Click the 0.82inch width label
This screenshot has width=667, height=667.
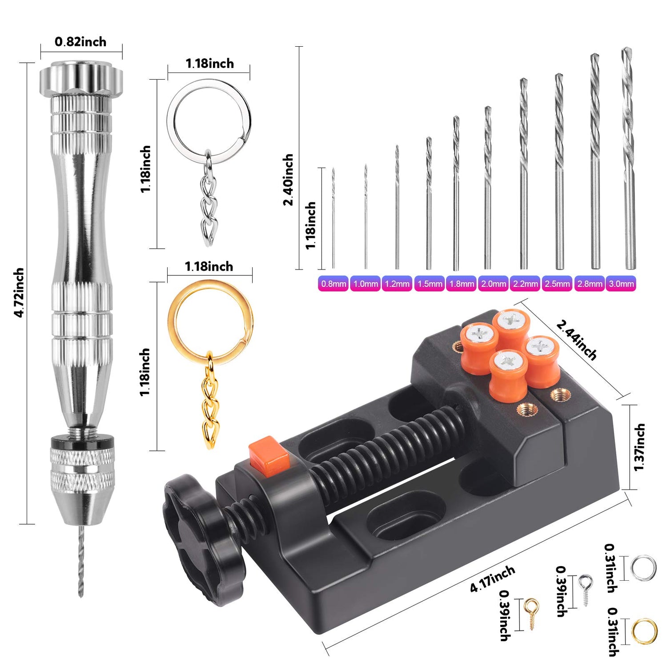(80, 42)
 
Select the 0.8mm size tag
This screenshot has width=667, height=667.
(333, 284)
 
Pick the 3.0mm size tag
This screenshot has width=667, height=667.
(621, 284)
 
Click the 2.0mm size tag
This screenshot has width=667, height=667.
(493, 284)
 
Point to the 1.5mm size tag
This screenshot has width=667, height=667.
(430, 284)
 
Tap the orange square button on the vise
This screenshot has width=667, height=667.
(269, 457)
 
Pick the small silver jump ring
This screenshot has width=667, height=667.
(643, 568)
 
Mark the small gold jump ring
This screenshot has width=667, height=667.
(643, 631)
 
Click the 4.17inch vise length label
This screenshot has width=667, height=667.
(492, 579)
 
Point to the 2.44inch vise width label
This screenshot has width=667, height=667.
(576, 340)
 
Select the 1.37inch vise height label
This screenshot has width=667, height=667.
(639, 447)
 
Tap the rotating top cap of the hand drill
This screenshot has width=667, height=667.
(81, 78)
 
